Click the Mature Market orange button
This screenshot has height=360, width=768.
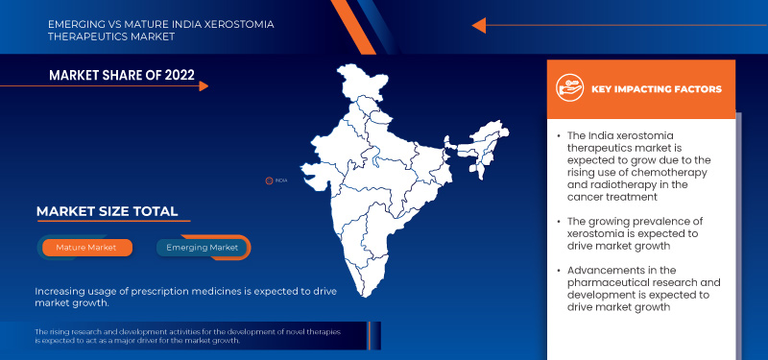85,248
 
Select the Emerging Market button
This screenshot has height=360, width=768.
203,248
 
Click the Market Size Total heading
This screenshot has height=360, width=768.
107,211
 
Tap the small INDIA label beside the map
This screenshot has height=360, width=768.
281,180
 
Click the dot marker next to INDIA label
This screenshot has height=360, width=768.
270,180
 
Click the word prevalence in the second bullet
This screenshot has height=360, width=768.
657,221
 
